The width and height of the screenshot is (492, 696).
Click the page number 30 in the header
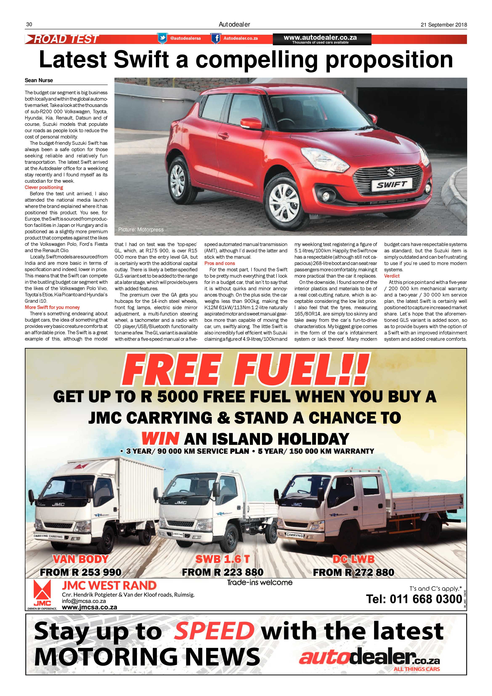(29, 25)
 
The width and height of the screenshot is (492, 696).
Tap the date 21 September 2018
(444, 25)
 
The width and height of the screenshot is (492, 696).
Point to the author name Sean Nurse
(39, 80)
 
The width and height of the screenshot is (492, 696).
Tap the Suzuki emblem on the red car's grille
(391, 173)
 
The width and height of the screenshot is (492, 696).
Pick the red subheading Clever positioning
(44, 187)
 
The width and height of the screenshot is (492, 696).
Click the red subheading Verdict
(391, 276)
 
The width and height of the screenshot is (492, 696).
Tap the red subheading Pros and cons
(219, 263)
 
